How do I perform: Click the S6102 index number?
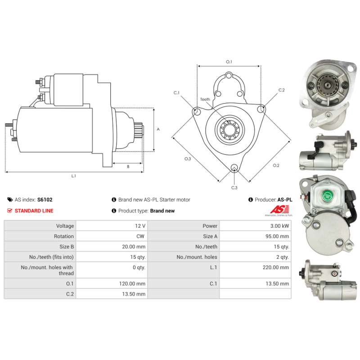click(x=45, y=200)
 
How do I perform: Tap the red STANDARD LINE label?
click(x=34, y=211)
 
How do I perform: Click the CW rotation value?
click(x=140, y=236)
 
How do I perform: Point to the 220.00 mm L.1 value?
click(x=276, y=267)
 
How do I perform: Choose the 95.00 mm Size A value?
click(x=277, y=236)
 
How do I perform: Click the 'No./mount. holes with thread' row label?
click(x=47, y=270)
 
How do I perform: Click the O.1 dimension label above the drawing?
click(x=229, y=62)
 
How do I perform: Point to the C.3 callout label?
click(x=234, y=188)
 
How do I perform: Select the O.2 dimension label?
click(x=276, y=165)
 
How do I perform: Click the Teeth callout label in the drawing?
click(x=205, y=99)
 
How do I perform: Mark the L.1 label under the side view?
click(x=73, y=176)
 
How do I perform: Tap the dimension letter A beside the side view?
click(x=158, y=129)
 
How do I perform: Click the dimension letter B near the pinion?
click(x=128, y=166)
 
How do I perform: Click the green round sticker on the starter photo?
click(x=328, y=196)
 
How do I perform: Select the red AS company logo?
click(x=279, y=209)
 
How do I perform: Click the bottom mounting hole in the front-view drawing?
click(x=234, y=167)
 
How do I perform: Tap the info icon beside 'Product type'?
click(x=114, y=211)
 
